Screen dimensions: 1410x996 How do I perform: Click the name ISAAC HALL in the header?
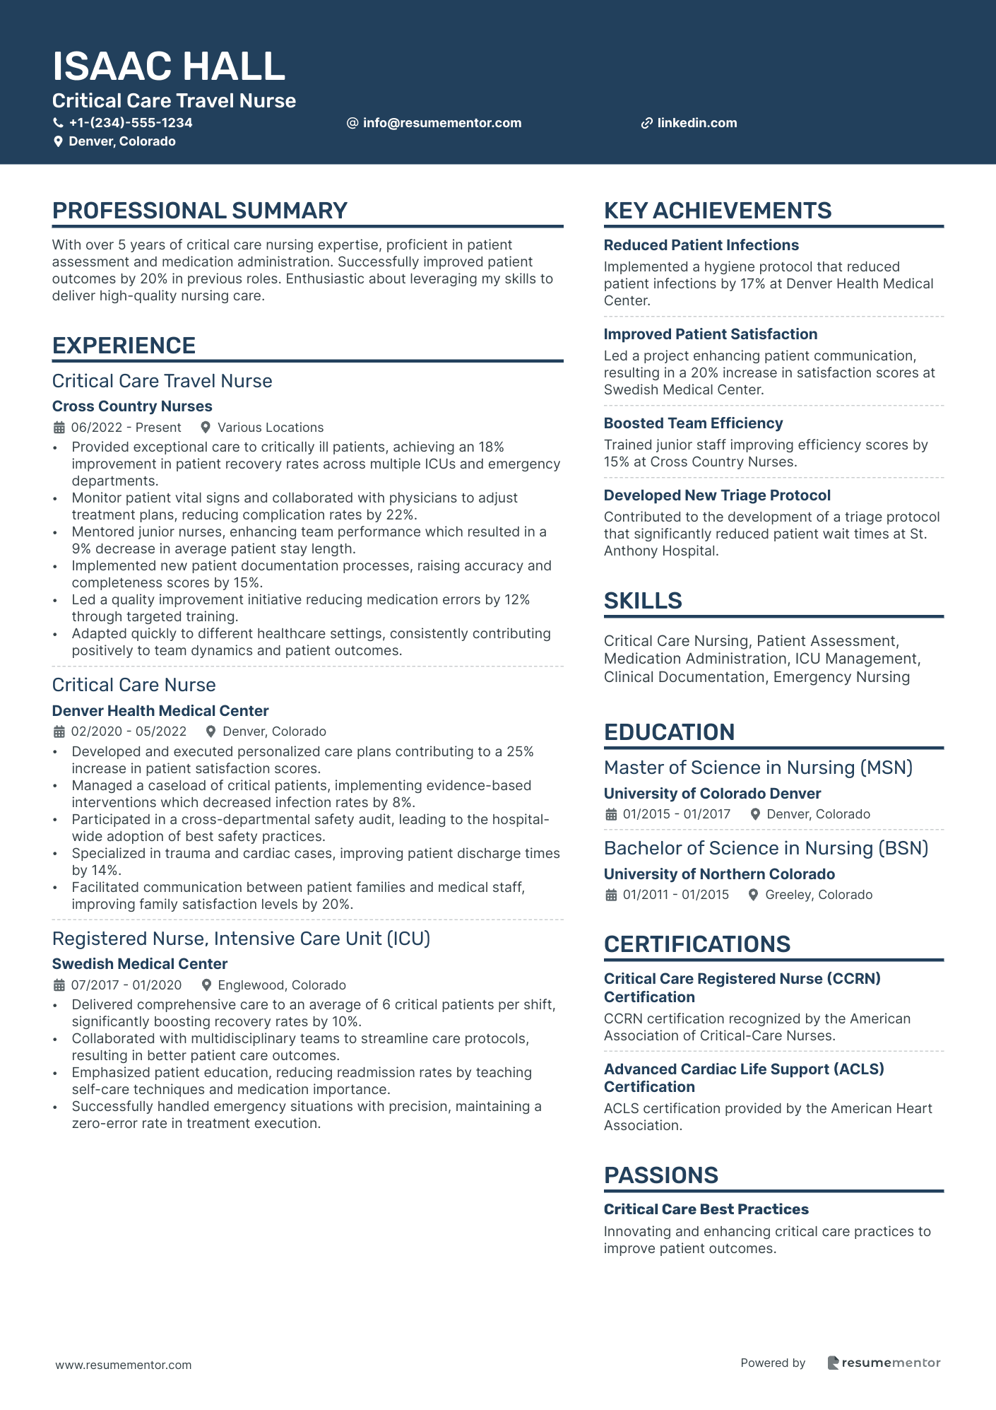(x=169, y=66)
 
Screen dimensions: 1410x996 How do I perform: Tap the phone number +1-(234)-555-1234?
(x=130, y=123)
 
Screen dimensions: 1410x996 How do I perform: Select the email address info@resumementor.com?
(x=441, y=123)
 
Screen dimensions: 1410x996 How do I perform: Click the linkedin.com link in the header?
(x=696, y=123)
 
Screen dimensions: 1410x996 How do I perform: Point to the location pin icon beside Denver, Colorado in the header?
(x=59, y=141)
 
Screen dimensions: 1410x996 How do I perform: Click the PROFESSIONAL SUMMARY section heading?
(x=200, y=211)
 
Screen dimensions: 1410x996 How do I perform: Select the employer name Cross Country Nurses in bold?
(x=132, y=406)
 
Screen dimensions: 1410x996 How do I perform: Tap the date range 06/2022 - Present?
(x=126, y=428)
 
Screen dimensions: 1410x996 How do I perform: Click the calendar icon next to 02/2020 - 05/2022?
(x=59, y=732)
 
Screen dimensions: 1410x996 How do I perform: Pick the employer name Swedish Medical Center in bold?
(x=140, y=964)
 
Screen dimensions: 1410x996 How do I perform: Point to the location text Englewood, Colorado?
(x=281, y=985)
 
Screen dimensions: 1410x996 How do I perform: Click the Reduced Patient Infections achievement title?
(x=701, y=245)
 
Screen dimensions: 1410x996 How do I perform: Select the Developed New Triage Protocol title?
(x=717, y=495)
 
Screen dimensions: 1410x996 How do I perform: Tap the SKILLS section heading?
(x=643, y=601)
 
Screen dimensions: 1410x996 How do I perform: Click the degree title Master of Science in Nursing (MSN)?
(x=758, y=768)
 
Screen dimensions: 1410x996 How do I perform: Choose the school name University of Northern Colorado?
(x=719, y=874)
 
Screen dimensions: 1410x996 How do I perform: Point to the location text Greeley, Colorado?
(x=819, y=895)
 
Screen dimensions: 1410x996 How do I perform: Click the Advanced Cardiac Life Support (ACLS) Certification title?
(x=744, y=1078)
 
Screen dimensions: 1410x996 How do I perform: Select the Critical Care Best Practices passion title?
(x=706, y=1209)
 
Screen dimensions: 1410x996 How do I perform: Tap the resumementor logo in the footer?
(x=884, y=1363)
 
